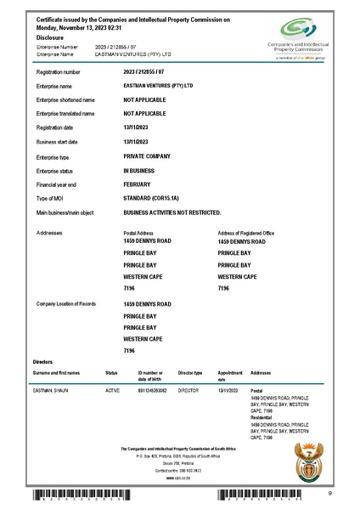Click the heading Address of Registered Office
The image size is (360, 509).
point(245,233)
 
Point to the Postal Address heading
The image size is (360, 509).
point(140,233)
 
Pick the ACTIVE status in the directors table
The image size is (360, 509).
point(112,391)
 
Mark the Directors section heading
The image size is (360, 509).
point(42,361)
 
